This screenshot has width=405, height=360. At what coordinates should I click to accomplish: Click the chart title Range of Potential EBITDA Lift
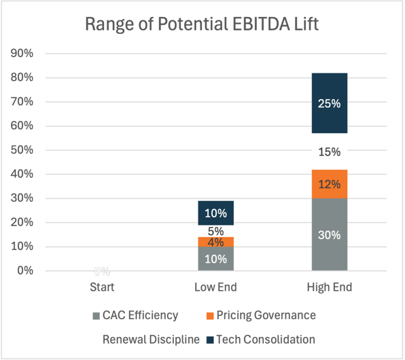tap(202, 24)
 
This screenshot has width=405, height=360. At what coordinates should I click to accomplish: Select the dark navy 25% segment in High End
tap(330, 103)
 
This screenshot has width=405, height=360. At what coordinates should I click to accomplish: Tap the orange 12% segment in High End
tap(330, 184)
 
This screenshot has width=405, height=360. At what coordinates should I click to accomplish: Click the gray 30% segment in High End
tap(330, 234)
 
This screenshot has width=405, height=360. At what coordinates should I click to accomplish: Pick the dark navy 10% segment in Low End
tap(215, 213)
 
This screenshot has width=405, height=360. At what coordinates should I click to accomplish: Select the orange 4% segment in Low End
tap(215, 242)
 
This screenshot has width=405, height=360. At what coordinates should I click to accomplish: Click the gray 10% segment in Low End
tap(215, 259)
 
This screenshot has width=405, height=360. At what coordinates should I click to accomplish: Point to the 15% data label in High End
tap(330, 151)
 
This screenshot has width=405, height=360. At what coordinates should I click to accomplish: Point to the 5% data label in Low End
tap(215, 231)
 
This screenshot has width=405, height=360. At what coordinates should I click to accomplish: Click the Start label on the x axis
tap(102, 287)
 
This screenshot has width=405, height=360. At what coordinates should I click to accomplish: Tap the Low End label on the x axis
tap(215, 287)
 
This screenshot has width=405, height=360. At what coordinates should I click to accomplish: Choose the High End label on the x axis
tap(330, 287)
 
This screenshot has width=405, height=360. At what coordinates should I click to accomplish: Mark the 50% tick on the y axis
tap(22, 150)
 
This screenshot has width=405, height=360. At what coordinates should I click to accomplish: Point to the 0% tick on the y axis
tap(24, 271)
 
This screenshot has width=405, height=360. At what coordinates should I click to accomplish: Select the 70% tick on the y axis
tap(22, 102)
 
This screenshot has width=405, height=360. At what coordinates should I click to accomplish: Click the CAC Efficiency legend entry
tap(135, 315)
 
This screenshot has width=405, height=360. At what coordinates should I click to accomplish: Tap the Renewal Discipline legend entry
tap(151, 339)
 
